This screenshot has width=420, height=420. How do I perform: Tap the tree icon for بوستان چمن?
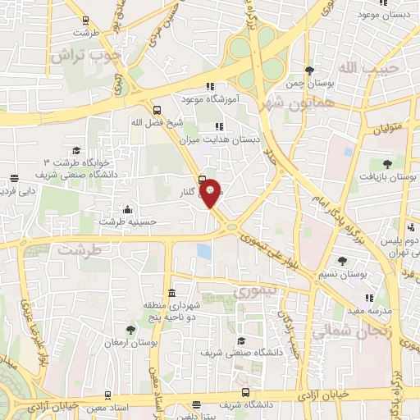(308, 71)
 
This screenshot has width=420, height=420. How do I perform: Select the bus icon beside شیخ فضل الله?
(157, 109)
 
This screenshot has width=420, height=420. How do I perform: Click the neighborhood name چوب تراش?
(85, 56)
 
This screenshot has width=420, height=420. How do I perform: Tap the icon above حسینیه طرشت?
(126, 209)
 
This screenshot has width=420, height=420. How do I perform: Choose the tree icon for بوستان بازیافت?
(386, 163)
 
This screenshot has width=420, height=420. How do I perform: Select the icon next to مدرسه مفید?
(369, 299)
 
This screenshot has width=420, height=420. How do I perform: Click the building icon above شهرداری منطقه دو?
(171, 293)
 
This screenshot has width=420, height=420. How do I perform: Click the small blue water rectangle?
(203, 252)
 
